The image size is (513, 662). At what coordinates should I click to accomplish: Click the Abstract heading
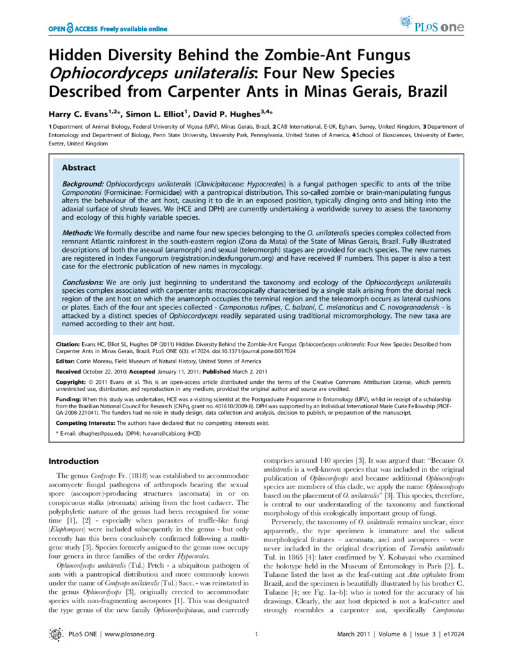[78, 167]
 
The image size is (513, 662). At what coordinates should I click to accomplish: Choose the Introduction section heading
[74, 461]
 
